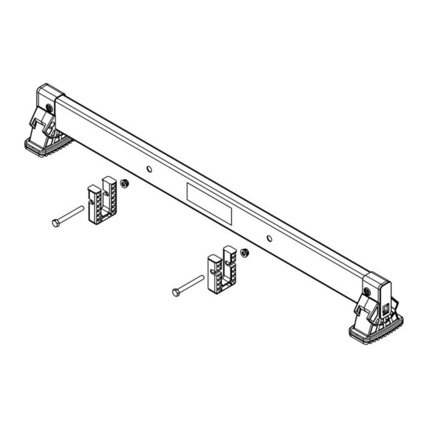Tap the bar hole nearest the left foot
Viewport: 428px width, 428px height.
(x=148, y=169)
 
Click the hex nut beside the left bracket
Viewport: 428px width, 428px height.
(x=123, y=184)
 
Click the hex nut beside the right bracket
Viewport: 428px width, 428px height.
(x=244, y=253)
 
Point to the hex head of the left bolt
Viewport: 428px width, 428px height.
(x=56, y=223)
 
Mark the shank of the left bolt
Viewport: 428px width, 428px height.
(x=71, y=215)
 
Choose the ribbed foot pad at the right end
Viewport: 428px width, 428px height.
(x=374, y=330)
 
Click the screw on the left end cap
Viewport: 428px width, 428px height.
(x=48, y=108)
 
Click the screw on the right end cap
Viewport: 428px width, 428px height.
(x=366, y=291)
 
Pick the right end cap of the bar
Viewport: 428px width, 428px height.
(x=377, y=283)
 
